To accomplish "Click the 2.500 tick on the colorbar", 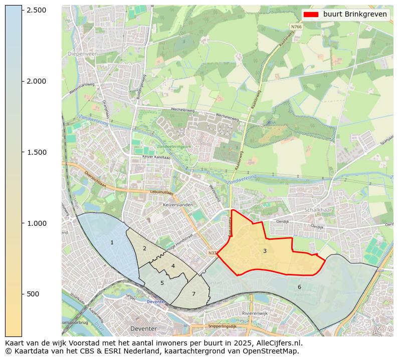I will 36,11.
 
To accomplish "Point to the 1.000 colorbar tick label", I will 36,223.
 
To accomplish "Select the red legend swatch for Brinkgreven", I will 311,14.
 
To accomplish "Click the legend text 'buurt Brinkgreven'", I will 355,14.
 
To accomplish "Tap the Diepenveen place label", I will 83,53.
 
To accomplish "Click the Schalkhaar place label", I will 319,210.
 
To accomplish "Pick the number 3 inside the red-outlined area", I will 265,251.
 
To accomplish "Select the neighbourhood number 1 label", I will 112,242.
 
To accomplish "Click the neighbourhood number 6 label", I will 299,287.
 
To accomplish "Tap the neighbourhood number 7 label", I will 193,294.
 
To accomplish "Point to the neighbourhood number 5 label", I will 162,283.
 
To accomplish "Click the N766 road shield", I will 296,27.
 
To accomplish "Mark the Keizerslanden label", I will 177,205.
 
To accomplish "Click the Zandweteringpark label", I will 174,146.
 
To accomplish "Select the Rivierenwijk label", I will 255,313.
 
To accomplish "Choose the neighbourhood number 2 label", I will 144,248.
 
